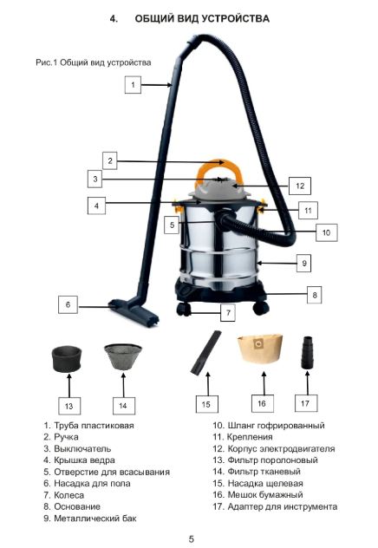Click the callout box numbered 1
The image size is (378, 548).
point(133,85)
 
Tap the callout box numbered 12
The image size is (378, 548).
point(300,186)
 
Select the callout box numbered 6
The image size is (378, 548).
point(68,304)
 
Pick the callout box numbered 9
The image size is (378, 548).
point(304,263)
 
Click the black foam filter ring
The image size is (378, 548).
point(67,359)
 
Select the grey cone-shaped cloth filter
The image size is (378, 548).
point(123,356)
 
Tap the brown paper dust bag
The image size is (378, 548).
point(260,350)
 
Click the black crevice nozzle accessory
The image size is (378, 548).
point(206,353)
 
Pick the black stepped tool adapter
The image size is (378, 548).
point(308,352)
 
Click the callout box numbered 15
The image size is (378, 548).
point(206,404)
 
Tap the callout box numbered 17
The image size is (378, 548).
point(306,403)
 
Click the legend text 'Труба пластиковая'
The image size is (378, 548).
point(94,426)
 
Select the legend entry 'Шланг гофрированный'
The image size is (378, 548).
point(276,426)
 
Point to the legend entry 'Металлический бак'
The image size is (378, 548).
point(95,519)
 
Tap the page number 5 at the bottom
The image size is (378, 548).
point(191,538)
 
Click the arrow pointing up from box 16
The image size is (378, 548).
point(264,383)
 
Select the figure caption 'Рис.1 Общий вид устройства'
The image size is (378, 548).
point(94,62)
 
